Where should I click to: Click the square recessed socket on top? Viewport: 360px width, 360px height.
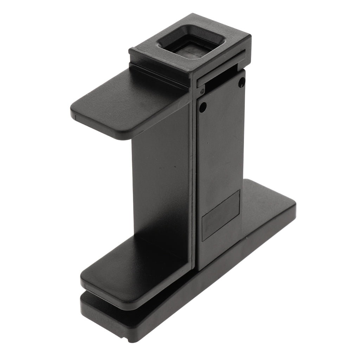pos(189,45)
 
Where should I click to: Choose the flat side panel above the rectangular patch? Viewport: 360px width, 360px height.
pos(220,148)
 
